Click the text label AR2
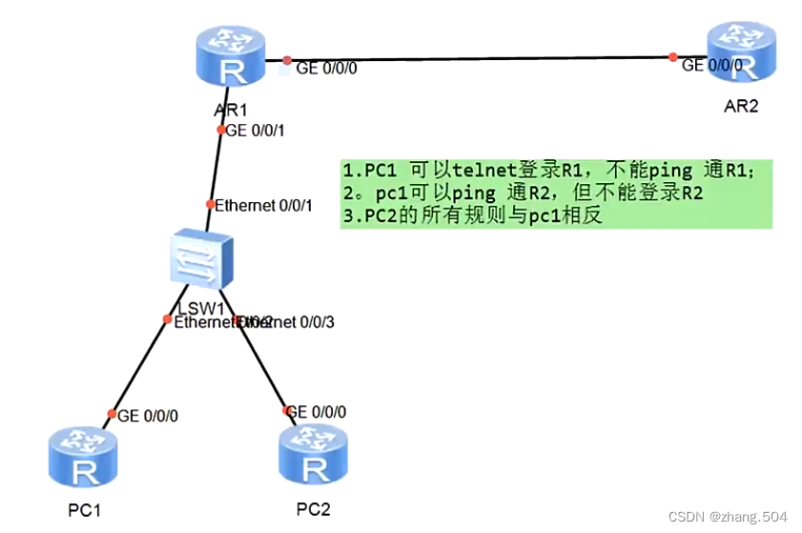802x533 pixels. pos(741,106)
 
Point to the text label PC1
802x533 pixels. pos(84,510)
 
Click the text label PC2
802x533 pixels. pos(313,508)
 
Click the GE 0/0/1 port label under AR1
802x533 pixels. pos(254,130)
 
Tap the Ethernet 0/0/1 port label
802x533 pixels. pos(263,204)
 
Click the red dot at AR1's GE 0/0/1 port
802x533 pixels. pos(220,130)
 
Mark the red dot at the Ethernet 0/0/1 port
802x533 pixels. pos(211,204)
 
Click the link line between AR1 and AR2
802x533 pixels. pos(477,58)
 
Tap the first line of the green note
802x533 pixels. pos(548,172)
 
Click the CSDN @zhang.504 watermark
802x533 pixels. pos(728,516)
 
